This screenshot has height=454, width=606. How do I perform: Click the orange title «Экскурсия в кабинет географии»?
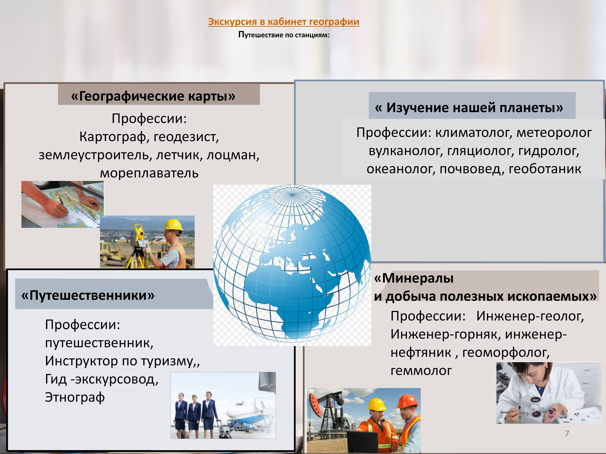point(284,22)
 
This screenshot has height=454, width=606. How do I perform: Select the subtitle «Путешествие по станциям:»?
point(284,35)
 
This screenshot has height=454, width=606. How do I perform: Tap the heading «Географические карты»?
point(153,96)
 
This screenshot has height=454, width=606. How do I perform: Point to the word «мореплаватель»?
point(149,173)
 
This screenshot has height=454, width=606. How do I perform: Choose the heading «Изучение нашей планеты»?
point(469,107)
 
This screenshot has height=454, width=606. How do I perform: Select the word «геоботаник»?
point(545,169)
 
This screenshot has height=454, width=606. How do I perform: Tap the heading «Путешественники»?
point(88,295)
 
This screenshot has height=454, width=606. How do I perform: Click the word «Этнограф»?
point(75,397)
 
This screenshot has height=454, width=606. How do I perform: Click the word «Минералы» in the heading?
point(414,278)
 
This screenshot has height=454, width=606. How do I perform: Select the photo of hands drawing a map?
point(62,204)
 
